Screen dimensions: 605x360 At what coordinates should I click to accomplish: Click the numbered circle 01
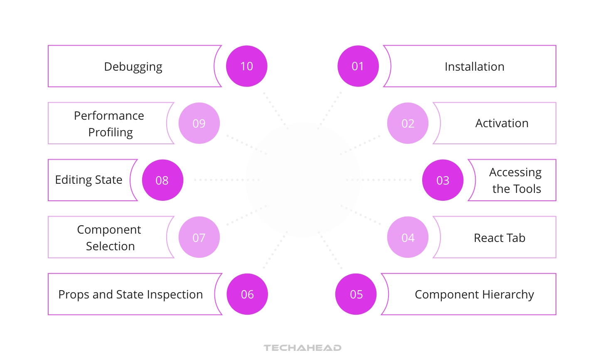coord(358,66)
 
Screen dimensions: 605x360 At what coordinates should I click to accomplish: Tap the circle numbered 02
coord(408,123)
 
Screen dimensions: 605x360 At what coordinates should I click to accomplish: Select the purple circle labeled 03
coord(443,180)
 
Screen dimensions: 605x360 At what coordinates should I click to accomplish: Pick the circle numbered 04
coord(408,237)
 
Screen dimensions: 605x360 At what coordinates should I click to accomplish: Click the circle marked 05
coord(356,294)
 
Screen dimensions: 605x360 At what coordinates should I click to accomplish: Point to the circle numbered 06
coord(247,294)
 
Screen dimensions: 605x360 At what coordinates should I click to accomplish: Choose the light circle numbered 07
coord(199,237)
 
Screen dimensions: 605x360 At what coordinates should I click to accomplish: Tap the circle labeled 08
coord(162,180)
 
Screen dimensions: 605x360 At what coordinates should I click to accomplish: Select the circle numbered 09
coord(199,123)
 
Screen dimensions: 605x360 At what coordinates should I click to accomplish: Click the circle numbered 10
coord(247,66)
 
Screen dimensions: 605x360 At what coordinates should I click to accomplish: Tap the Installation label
coord(475,67)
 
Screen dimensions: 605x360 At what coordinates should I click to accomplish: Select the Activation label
coord(502,123)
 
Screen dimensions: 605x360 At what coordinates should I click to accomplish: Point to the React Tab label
coord(499,238)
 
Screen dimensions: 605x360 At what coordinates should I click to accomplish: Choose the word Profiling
coord(111,133)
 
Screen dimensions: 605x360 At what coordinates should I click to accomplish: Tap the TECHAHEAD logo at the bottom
coord(302,348)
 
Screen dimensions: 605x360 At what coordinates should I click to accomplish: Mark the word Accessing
coord(515,173)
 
